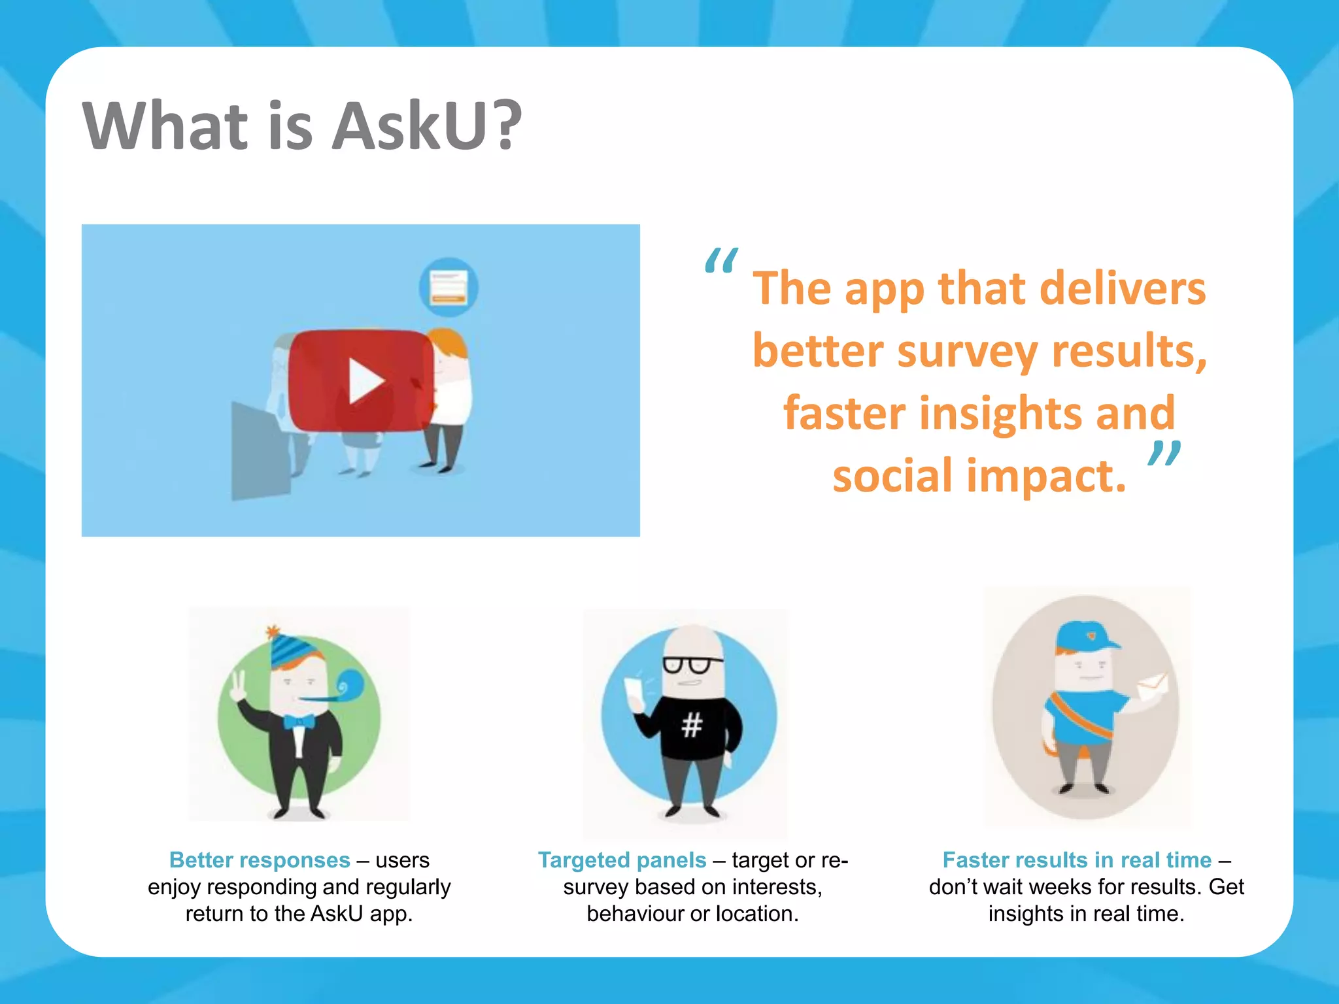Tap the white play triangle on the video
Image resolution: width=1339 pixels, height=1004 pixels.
tap(365, 381)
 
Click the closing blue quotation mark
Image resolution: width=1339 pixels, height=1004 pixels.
tap(1164, 454)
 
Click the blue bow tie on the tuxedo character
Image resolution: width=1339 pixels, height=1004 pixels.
tap(299, 722)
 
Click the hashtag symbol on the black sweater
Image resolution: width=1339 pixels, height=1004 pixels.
tap(691, 725)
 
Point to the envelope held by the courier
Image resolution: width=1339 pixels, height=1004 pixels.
tap(1152, 688)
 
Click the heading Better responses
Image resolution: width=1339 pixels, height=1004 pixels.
tap(260, 860)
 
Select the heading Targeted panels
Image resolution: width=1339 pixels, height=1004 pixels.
tap(622, 860)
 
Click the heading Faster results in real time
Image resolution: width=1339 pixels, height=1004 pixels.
tap(1077, 860)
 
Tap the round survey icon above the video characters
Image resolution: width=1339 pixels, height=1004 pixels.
tap(449, 287)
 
